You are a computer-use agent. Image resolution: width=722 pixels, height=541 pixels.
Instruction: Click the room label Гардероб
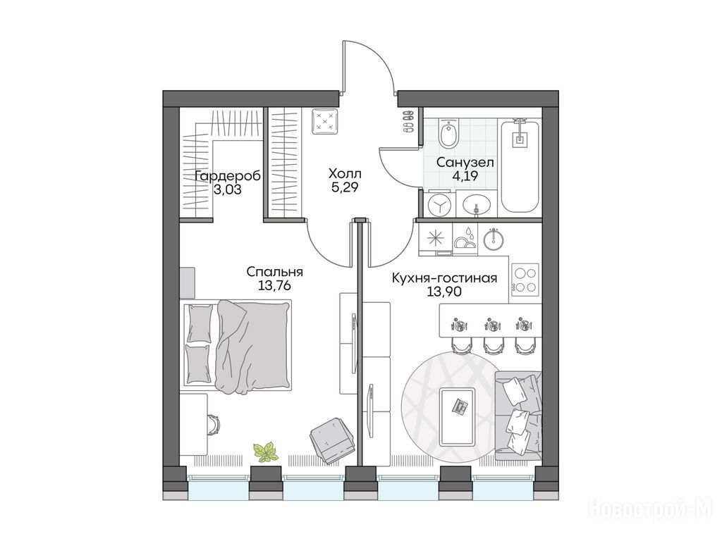tap(228, 175)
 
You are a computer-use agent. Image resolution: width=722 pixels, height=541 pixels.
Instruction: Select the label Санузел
tap(465, 163)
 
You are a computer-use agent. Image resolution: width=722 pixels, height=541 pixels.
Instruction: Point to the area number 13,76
tap(274, 286)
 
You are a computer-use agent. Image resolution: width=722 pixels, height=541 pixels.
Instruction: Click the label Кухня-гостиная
tap(444, 278)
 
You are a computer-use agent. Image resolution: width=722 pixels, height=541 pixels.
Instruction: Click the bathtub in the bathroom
tap(520, 166)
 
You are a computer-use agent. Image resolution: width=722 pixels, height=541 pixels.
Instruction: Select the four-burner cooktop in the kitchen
tap(525, 280)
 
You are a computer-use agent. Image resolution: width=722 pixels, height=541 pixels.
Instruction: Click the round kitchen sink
tap(494, 239)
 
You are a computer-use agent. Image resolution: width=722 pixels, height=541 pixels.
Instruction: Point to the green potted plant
tap(266, 452)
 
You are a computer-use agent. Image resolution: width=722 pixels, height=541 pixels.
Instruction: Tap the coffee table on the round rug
tap(457, 416)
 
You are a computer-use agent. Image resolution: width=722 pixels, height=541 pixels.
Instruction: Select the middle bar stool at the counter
tap(492, 344)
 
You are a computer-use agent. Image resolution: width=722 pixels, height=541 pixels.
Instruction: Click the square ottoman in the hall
tap(325, 121)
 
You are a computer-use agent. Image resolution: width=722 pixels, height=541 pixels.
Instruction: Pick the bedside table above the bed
tap(188, 282)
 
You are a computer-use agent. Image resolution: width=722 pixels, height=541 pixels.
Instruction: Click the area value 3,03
tap(228, 189)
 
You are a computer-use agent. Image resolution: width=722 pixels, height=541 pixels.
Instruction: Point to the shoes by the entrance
tap(408, 121)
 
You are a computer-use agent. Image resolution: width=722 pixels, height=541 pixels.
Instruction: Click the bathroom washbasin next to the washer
tap(476, 204)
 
